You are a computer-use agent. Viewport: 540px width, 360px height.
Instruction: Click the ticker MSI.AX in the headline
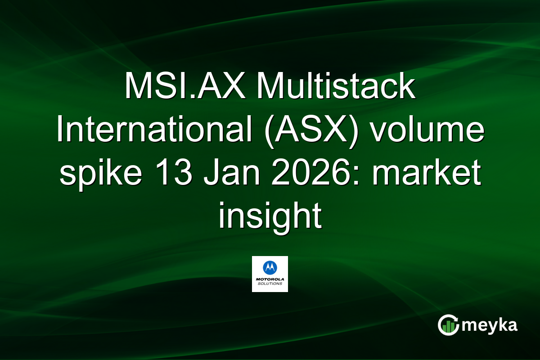tap(185, 86)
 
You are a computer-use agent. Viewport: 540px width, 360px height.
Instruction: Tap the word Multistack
tap(336, 86)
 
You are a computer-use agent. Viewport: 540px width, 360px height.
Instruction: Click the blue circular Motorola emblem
tap(270, 268)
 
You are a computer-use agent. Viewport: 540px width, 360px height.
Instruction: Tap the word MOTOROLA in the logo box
tap(270, 279)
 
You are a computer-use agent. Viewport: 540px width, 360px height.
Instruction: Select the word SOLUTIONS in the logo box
tap(270, 284)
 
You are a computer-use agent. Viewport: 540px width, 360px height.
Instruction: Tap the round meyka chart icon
tap(448, 325)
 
